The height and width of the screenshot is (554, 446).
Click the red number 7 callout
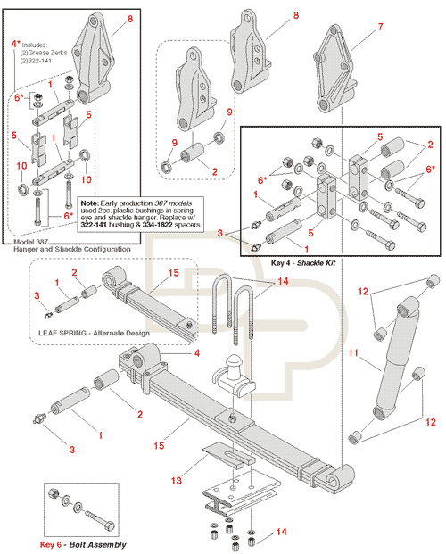tap(380, 27)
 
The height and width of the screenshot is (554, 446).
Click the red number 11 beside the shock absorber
tap(353, 352)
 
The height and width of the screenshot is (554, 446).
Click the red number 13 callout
tap(177, 481)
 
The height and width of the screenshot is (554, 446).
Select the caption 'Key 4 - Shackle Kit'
tap(303, 263)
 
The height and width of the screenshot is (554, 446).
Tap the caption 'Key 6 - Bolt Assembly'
tap(83, 544)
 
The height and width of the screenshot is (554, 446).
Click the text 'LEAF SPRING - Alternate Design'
tap(94, 333)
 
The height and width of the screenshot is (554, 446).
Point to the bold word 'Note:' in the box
tap(90, 203)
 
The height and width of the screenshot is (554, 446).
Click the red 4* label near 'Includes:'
tap(15, 44)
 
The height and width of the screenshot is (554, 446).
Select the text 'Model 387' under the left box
tap(30, 242)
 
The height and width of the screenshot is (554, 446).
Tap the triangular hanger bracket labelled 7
tap(332, 69)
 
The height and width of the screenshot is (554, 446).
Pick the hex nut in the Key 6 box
tap(54, 492)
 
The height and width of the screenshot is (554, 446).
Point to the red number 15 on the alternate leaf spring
tap(174, 273)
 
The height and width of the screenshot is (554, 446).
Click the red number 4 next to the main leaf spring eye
tap(197, 353)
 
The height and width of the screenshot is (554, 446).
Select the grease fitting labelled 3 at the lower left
tap(39, 418)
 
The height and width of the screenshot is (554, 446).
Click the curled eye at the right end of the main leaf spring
tap(341, 478)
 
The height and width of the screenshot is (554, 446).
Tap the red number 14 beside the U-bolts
tap(283, 281)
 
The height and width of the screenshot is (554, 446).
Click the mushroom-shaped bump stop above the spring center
tap(233, 375)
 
